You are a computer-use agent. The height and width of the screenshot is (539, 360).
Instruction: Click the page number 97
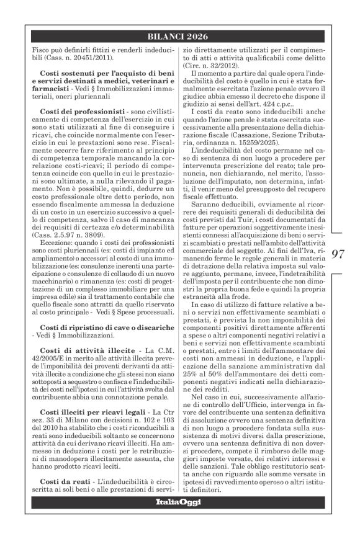[338, 254]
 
